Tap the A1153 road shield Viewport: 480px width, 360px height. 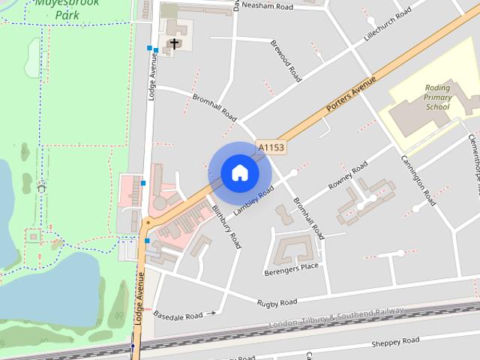point(271,148)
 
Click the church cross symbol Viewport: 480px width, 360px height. point(174,44)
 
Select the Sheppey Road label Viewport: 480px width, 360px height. point(395,342)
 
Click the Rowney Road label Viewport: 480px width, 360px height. point(348,176)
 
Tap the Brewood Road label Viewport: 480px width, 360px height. point(286,61)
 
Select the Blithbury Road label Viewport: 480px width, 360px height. point(226,226)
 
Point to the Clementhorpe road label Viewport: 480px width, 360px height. point(473,154)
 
